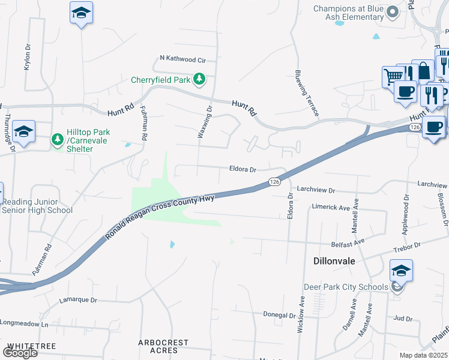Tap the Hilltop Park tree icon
pyautogui.click(x=58, y=140)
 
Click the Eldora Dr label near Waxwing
pyautogui.click(x=243, y=170)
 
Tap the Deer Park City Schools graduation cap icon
pyautogui.click(x=401, y=271)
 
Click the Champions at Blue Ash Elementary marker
pyautogui.click(x=393, y=12)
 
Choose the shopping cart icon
pyautogui.click(x=393, y=76)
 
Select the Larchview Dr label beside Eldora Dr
pyautogui.click(x=315, y=190)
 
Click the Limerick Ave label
pyautogui.click(x=331, y=208)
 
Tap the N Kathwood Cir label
pyautogui.click(x=182, y=60)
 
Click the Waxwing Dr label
pyautogui.click(x=205, y=122)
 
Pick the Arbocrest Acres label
pyautogui.click(x=163, y=346)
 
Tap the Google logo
pyautogui.click(x=20, y=352)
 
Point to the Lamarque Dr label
pyautogui.click(x=77, y=299)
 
